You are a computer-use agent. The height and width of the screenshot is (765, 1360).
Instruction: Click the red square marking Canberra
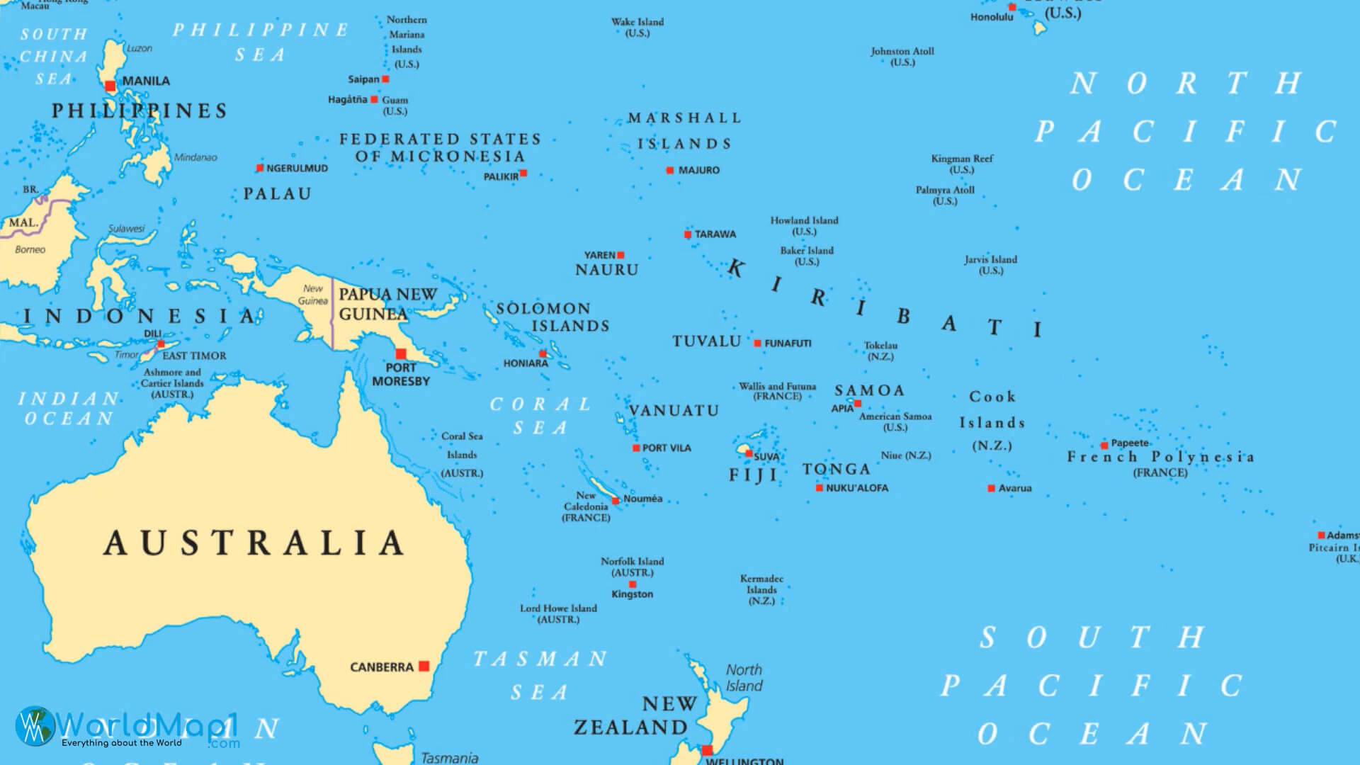pos(424,666)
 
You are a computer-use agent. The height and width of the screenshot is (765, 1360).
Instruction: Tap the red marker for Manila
pos(110,86)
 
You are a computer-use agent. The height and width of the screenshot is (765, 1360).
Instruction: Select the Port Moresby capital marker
pos(401,353)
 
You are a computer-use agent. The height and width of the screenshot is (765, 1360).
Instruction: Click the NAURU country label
pos(606,270)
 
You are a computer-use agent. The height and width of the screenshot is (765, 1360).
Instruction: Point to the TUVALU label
pos(706,341)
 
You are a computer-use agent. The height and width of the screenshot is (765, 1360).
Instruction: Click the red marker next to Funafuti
pos(757,344)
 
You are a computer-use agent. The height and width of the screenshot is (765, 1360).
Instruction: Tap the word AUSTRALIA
pos(254,543)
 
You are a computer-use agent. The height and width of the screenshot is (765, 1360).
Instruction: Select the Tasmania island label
pos(449,758)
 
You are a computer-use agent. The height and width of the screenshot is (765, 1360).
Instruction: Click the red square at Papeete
pos(1104,446)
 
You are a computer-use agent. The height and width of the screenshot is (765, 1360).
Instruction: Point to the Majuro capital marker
pos(670,170)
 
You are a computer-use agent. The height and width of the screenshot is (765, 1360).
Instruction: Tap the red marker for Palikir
pos(523,173)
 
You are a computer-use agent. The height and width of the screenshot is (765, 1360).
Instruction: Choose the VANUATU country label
pos(674,411)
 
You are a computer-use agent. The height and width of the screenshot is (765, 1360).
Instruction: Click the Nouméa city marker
pos(616,501)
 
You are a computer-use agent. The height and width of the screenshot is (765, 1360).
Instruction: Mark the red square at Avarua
pos(992,488)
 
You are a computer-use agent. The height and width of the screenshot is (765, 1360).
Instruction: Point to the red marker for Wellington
pos(707,751)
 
